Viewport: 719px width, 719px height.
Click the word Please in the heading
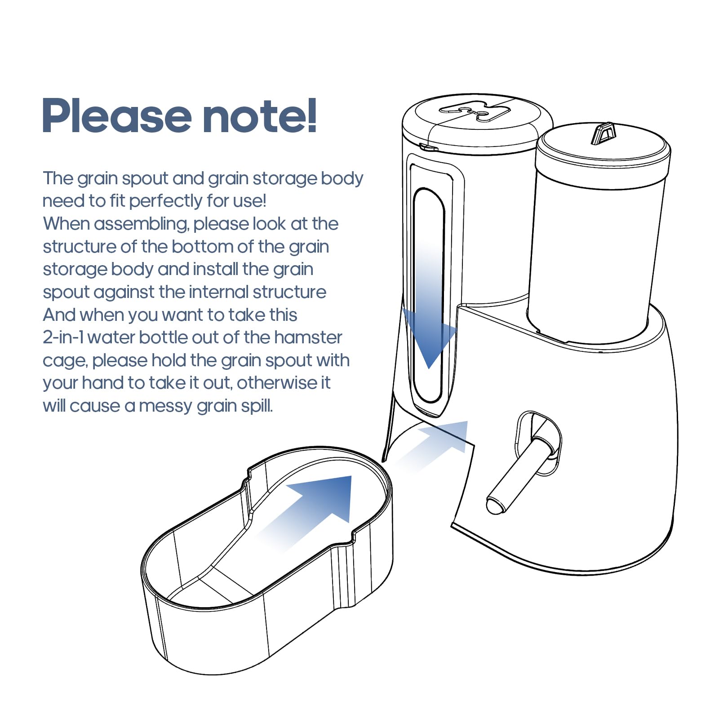click(116, 116)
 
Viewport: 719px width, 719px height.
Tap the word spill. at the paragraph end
click(257, 406)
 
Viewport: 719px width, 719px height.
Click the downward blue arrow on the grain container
click(429, 306)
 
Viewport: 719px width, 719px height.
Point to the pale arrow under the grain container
click(431, 445)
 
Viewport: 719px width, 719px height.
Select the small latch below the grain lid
click(428, 147)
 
